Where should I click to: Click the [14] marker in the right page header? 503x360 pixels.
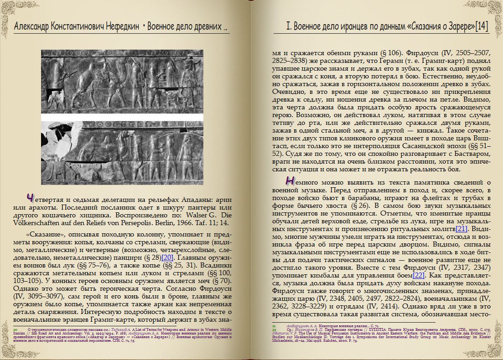click(481, 26)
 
